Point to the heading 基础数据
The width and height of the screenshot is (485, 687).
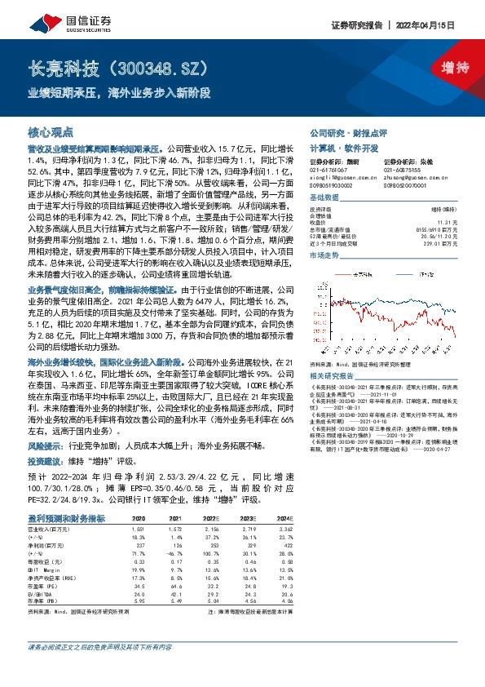click(324, 198)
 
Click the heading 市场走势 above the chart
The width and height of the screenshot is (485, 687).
click(324, 255)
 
